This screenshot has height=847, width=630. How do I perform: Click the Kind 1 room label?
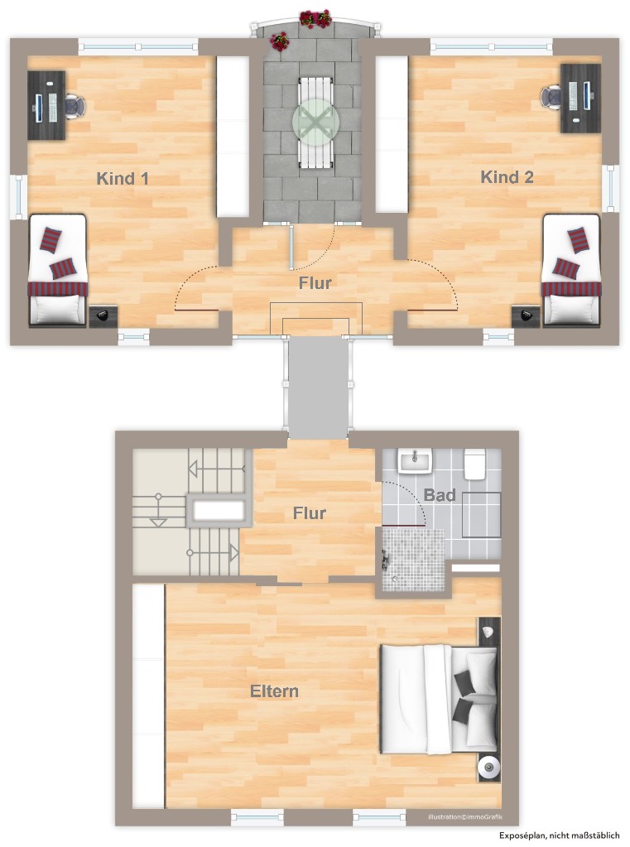pos(123,178)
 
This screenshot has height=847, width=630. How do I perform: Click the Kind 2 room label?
pos(507,177)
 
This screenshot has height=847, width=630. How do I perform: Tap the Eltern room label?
pos(274,691)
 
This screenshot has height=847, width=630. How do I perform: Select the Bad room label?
pos(440,495)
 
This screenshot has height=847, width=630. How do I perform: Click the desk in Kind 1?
pos(46,105)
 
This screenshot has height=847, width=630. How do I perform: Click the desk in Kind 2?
pos(581,98)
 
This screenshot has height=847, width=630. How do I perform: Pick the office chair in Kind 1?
pos(75,106)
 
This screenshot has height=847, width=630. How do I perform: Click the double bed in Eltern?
pos(439,700)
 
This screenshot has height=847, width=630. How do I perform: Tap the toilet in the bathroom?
pos(474,464)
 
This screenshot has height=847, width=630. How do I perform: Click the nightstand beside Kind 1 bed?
pos(103,315)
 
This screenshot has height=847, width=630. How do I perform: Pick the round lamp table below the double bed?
pos(488,768)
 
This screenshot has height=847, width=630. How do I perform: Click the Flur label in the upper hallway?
pos(315,283)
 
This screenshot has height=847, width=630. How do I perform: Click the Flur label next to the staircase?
pos(309,513)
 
